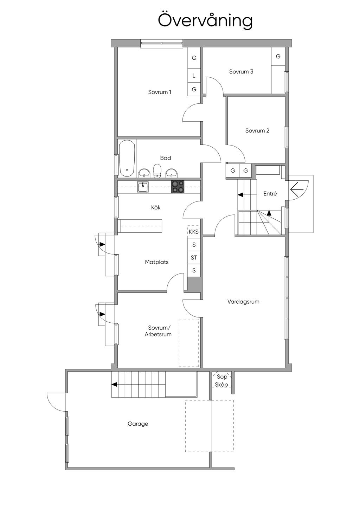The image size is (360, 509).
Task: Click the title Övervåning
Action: pyautogui.click(x=205, y=21)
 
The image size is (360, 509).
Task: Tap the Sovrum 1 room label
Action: pyautogui.click(x=160, y=92)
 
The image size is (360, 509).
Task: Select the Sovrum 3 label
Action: pyautogui.click(x=241, y=72)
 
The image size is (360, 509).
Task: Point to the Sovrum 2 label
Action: pyautogui.click(x=257, y=131)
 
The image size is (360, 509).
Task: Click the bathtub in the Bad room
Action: pyautogui.click(x=127, y=158)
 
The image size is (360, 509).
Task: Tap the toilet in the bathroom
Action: pyautogui.click(x=157, y=170)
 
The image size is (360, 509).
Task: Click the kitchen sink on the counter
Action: pyautogui.click(x=143, y=187)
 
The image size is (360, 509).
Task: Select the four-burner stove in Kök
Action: pyautogui.click(x=178, y=187)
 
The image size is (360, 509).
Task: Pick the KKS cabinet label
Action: pyautogui.click(x=194, y=232)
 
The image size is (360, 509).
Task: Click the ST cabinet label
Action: pyautogui.click(x=194, y=258)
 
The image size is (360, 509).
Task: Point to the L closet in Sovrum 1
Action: pyautogui.click(x=194, y=76)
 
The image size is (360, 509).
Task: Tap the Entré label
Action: pyautogui.click(x=270, y=194)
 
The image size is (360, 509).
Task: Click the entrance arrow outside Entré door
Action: pyautogui.click(x=297, y=189)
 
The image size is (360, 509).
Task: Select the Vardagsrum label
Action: pyautogui.click(x=243, y=302)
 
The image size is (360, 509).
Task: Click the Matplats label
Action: pyautogui.click(x=156, y=262)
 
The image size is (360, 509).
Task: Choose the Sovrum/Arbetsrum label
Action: pyautogui.click(x=158, y=331)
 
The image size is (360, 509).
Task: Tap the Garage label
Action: pyautogui.click(x=138, y=424)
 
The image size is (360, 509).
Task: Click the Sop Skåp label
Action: pyautogui.click(x=221, y=381)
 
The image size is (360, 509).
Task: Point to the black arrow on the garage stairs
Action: pyautogui.click(x=114, y=385)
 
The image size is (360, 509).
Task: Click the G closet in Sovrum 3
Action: pyautogui.click(x=278, y=56)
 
